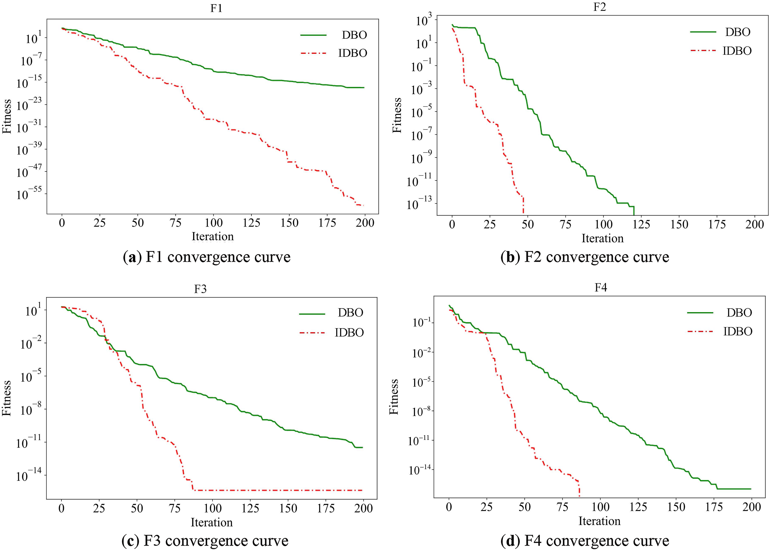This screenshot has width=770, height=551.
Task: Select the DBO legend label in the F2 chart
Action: tap(738, 32)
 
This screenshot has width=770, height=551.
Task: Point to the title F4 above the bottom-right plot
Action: tap(601, 288)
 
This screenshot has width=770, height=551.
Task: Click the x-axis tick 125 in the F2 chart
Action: tap(641, 224)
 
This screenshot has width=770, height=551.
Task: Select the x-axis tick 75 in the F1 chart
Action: tap(175, 223)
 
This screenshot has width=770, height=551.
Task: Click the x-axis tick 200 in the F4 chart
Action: tap(751, 507)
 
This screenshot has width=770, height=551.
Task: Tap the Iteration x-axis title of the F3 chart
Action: tap(212, 522)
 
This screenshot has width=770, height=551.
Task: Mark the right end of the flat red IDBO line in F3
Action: tap(362, 490)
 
